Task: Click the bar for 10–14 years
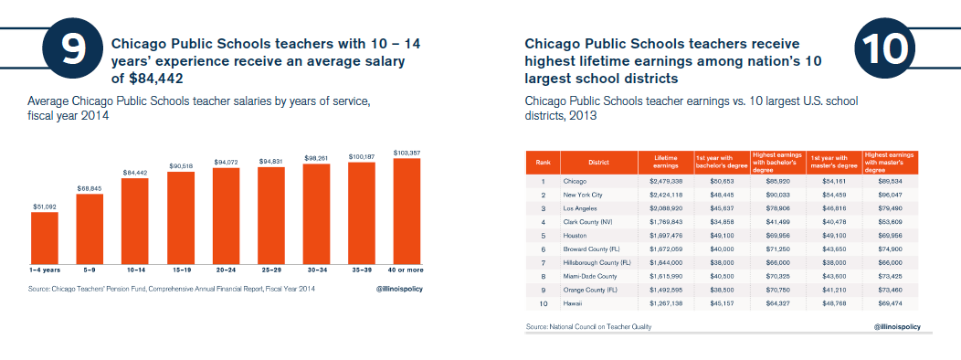pos(134,219)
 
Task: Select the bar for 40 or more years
pos(407,209)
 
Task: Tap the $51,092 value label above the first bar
pos(44,206)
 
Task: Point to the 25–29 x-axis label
pos(270,270)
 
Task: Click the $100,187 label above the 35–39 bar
pos(362,157)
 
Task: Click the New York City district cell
pos(586,195)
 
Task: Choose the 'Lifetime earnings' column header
pos(665,163)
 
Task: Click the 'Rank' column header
pos(543,163)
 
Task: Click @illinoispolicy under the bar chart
pos(405,289)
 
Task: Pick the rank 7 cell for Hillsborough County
pos(543,262)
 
